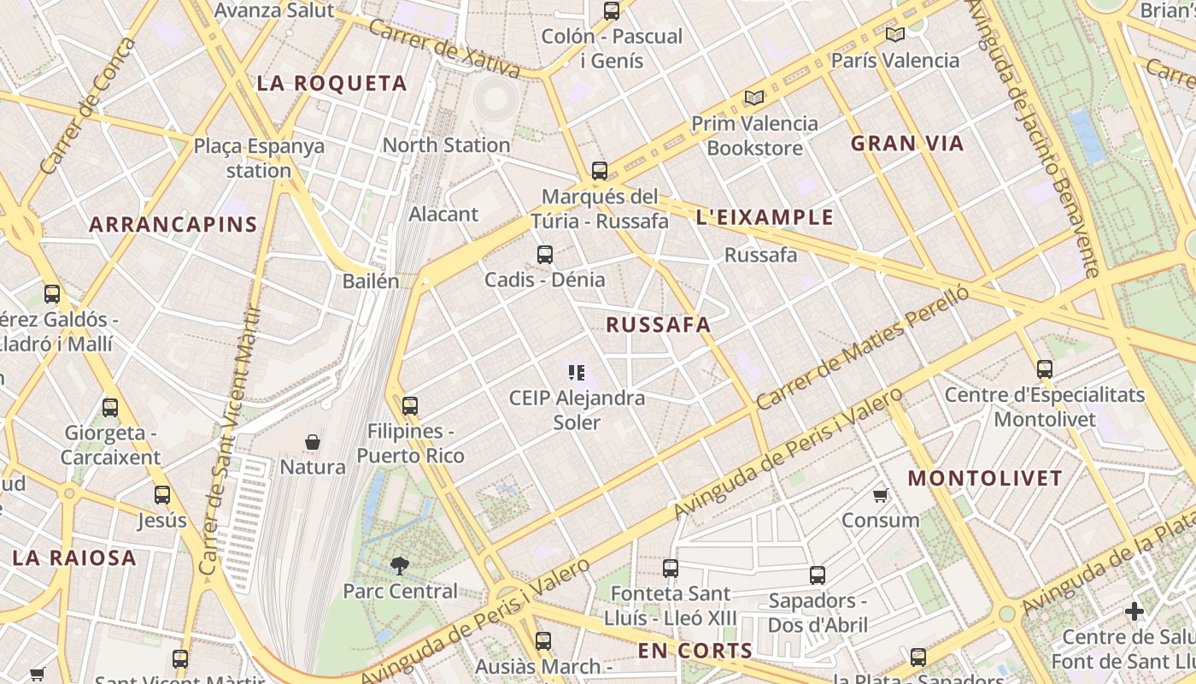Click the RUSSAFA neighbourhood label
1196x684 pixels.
click(658, 325)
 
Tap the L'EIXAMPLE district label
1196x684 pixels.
click(765, 217)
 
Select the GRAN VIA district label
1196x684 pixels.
click(906, 144)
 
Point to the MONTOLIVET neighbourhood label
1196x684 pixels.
click(985, 479)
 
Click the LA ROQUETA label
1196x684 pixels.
click(332, 84)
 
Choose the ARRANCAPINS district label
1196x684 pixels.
click(173, 225)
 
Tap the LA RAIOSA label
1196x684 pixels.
click(74, 558)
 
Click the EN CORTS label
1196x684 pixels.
click(695, 651)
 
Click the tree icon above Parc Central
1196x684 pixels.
click(398, 565)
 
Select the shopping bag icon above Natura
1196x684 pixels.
click(313, 442)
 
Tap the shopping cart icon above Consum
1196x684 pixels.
click(881, 495)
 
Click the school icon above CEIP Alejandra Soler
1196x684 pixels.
click(576, 372)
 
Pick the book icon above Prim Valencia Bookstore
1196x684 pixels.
click(753, 98)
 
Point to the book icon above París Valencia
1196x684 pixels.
click(894, 35)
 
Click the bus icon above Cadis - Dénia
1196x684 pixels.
click(544, 255)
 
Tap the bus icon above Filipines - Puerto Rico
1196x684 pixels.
click(410, 405)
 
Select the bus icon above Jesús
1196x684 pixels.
click(161, 494)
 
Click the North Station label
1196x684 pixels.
click(446, 145)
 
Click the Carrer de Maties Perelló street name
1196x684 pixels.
click(863, 347)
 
